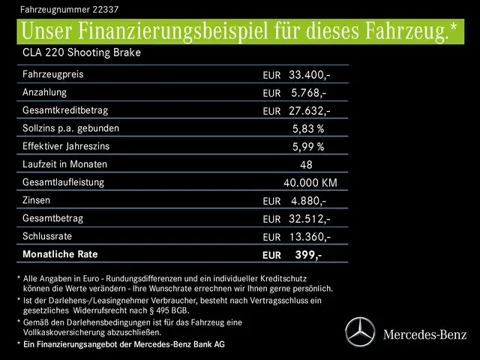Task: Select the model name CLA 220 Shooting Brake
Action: pos(82,53)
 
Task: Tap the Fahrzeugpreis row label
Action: pos(53,75)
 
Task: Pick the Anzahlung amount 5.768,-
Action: pos(308,93)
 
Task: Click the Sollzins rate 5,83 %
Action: pos(307,128)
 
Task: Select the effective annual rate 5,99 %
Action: pos(307,146)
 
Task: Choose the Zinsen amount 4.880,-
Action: pos(308,200)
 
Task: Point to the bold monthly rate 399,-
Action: pos(307,254)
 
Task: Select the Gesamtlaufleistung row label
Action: pos(64,182)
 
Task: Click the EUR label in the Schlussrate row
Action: pos(271,237)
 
